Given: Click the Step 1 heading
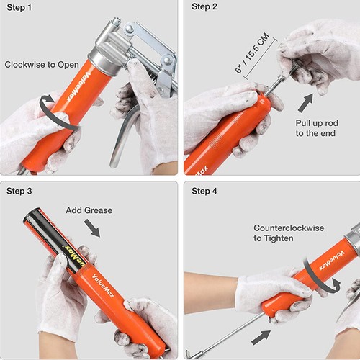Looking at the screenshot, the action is click(19, 8).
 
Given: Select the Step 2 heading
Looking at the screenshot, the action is click(204, 6).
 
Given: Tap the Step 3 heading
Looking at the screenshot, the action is click(19, 191).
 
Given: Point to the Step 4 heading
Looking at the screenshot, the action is click(204, 191).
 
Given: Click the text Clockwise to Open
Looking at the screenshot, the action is click(42, 65).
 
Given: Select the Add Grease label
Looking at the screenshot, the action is click(89, 210).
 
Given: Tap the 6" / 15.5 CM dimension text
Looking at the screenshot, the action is click(252, 53).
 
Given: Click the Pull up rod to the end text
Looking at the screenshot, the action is click(317, 128).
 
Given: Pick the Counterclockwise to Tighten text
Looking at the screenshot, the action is click(289, 233).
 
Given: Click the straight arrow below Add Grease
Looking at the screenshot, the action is click(92, 228).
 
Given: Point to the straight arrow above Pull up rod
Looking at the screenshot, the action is click(306, 102).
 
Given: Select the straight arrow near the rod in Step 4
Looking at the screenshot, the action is click(261, 338).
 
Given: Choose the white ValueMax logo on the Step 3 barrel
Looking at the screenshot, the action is click(103, 286).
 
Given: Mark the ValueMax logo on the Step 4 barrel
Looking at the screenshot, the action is click(332, 261).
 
